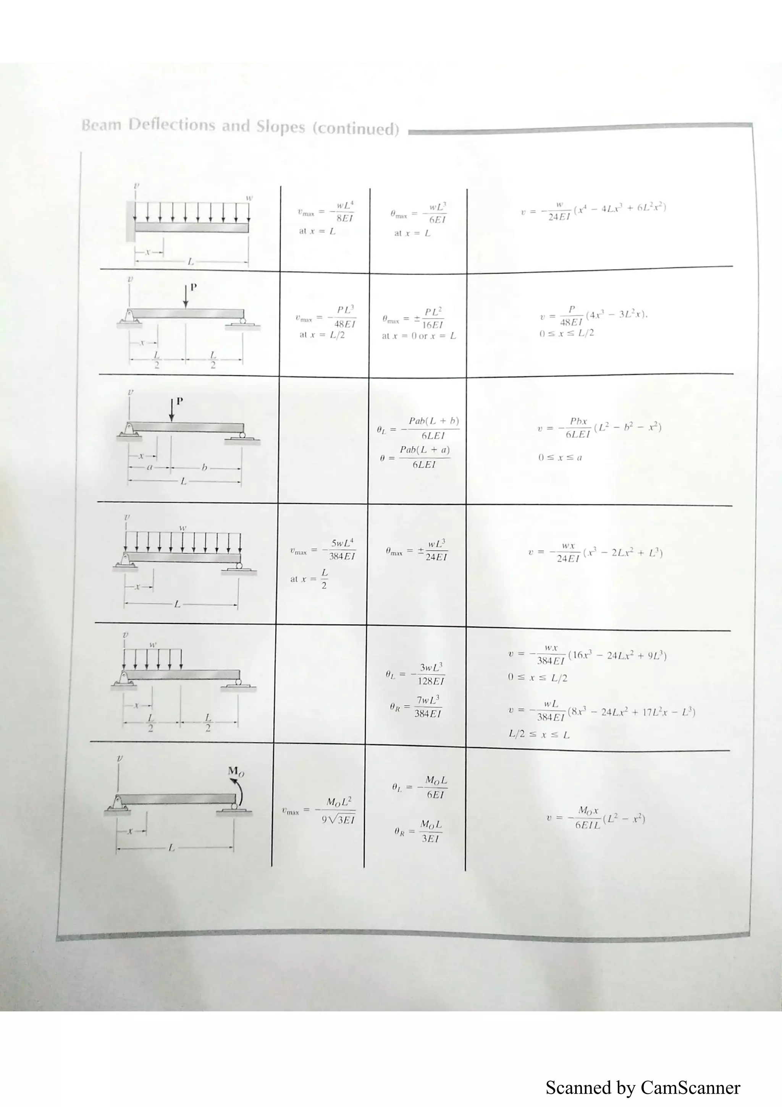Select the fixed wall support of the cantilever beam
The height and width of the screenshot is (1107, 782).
click(x=130, y=221)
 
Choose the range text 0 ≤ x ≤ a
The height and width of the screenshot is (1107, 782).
click(x=560, y=458)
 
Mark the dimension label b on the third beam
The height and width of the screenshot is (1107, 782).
click(x=204, y=467)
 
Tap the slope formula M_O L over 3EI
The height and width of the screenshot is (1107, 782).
click(x=418, y=831)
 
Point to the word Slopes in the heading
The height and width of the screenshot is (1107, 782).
click(x=280, y=127)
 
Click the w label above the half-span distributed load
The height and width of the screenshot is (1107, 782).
click(x=153, y=644)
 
